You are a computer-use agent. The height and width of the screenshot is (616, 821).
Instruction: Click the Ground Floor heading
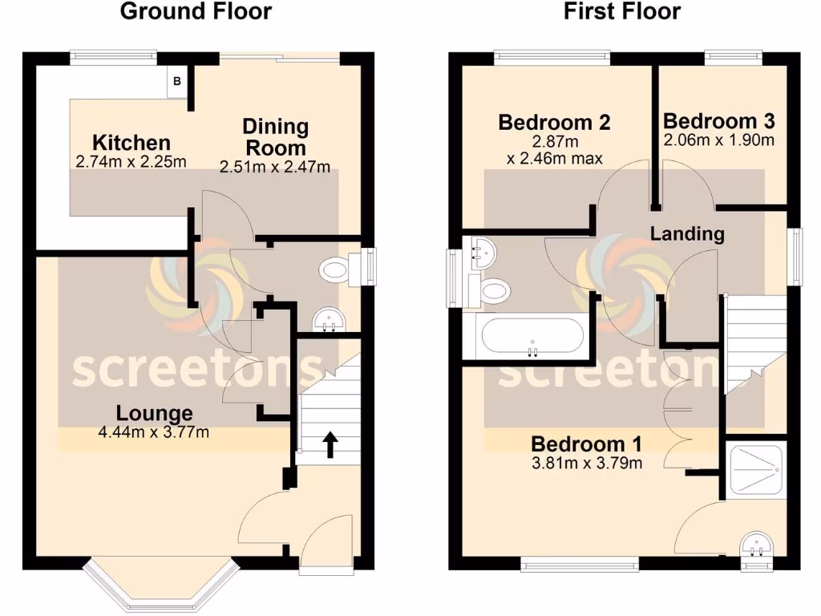(196, 12)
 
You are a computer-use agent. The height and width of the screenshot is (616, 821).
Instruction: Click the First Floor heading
(622, 12)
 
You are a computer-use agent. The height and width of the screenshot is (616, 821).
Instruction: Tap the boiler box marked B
(177, 82)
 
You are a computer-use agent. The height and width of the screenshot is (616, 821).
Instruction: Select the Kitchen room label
(131, 143)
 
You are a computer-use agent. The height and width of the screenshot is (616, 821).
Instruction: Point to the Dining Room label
(275, 137)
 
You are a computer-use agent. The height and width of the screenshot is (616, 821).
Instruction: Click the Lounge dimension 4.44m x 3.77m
(154, 433)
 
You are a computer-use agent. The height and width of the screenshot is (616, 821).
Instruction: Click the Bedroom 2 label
(554, 123)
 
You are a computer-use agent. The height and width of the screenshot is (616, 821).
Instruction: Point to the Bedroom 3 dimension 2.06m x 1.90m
(719, 140)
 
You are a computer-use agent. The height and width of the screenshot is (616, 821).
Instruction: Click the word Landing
(687, 234)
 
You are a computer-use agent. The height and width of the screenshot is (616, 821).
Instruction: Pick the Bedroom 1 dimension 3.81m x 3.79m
(587, 463)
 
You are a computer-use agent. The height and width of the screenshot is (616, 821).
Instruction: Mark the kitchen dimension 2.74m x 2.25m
(131, 161)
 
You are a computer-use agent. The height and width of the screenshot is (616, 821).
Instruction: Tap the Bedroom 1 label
(587, 444)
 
